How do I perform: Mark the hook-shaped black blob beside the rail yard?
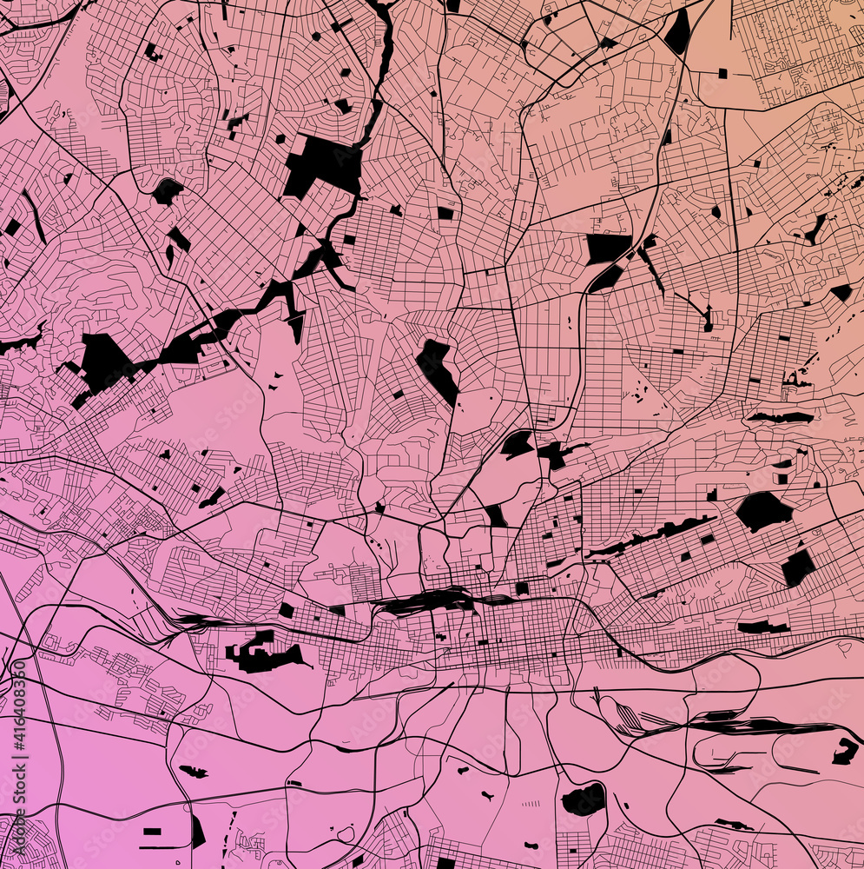845,751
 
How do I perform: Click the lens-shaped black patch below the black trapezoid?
606,278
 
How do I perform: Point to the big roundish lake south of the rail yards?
583,799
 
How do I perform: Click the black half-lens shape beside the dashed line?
197,832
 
